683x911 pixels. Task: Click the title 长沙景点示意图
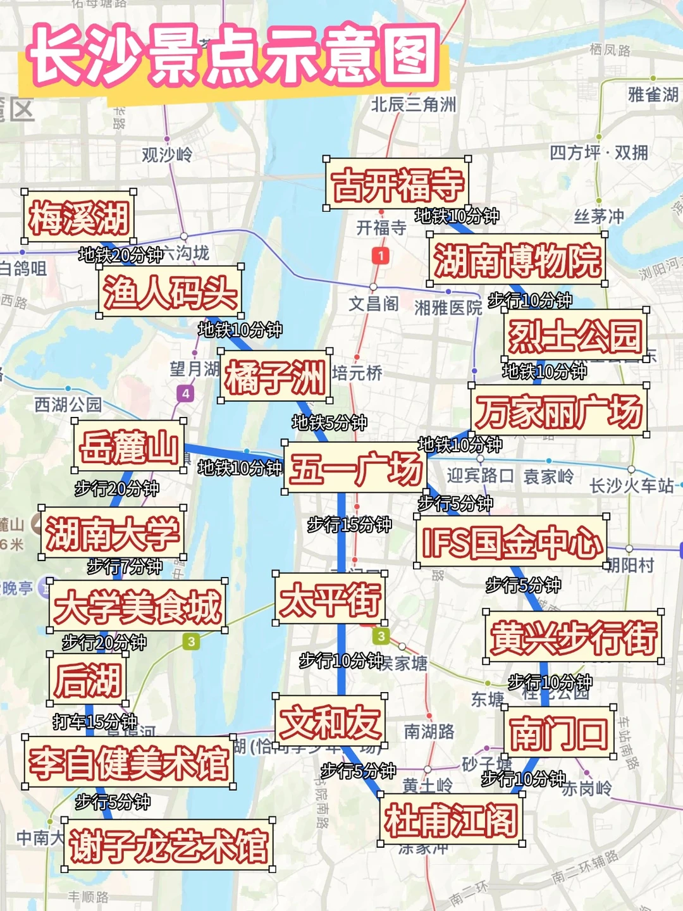(234, 56)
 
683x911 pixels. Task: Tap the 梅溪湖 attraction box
(79, 216)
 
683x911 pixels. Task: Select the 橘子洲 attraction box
(275, 376)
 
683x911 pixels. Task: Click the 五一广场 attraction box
(355, 469)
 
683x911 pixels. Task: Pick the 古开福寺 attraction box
(397, 183)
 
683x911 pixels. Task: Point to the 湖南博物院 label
(517, 259)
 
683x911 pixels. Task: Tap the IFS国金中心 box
(511, 542)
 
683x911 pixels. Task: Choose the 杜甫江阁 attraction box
(451, 820)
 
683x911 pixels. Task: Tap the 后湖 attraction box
(88, 679)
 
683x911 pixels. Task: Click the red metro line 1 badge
(380, 256)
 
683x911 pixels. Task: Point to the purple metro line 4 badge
(185, 394)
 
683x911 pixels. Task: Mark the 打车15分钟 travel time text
(95, 721)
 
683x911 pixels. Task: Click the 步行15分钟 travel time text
(349, 524)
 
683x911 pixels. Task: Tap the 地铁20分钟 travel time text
(120, 255)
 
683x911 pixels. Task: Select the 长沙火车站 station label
(631, 486)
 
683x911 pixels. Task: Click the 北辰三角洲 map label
(413, 104)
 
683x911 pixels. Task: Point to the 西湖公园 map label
(68, 404)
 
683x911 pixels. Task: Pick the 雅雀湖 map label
(653, 95)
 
